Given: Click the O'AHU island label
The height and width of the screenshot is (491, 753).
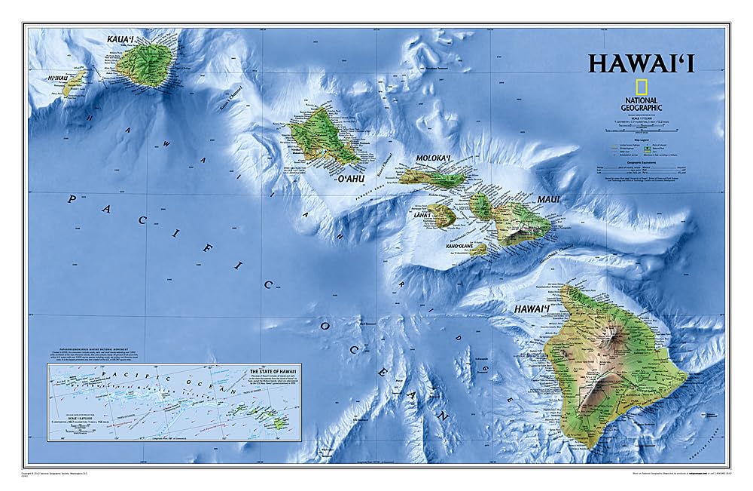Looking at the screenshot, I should (350, 179).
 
